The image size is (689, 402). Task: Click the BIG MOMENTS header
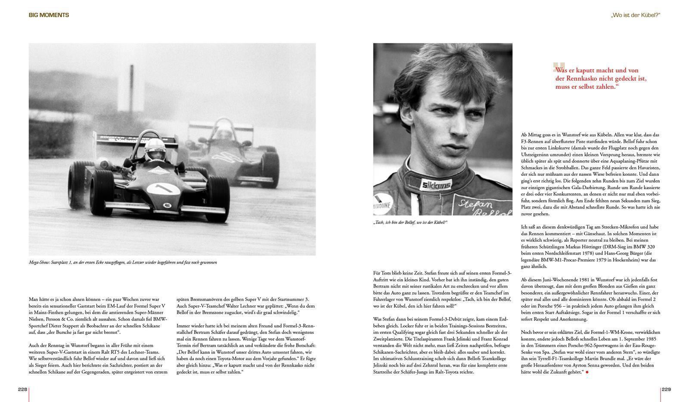49,15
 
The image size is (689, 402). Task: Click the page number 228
22,390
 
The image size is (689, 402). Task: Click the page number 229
666,390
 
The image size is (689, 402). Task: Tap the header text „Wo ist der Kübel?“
635,15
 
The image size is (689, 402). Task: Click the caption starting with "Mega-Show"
123,262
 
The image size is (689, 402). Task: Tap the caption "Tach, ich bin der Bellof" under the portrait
410,222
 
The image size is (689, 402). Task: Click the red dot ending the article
587,372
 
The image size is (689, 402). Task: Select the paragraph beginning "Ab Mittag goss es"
590,174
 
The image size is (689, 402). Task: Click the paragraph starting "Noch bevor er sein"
590,352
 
